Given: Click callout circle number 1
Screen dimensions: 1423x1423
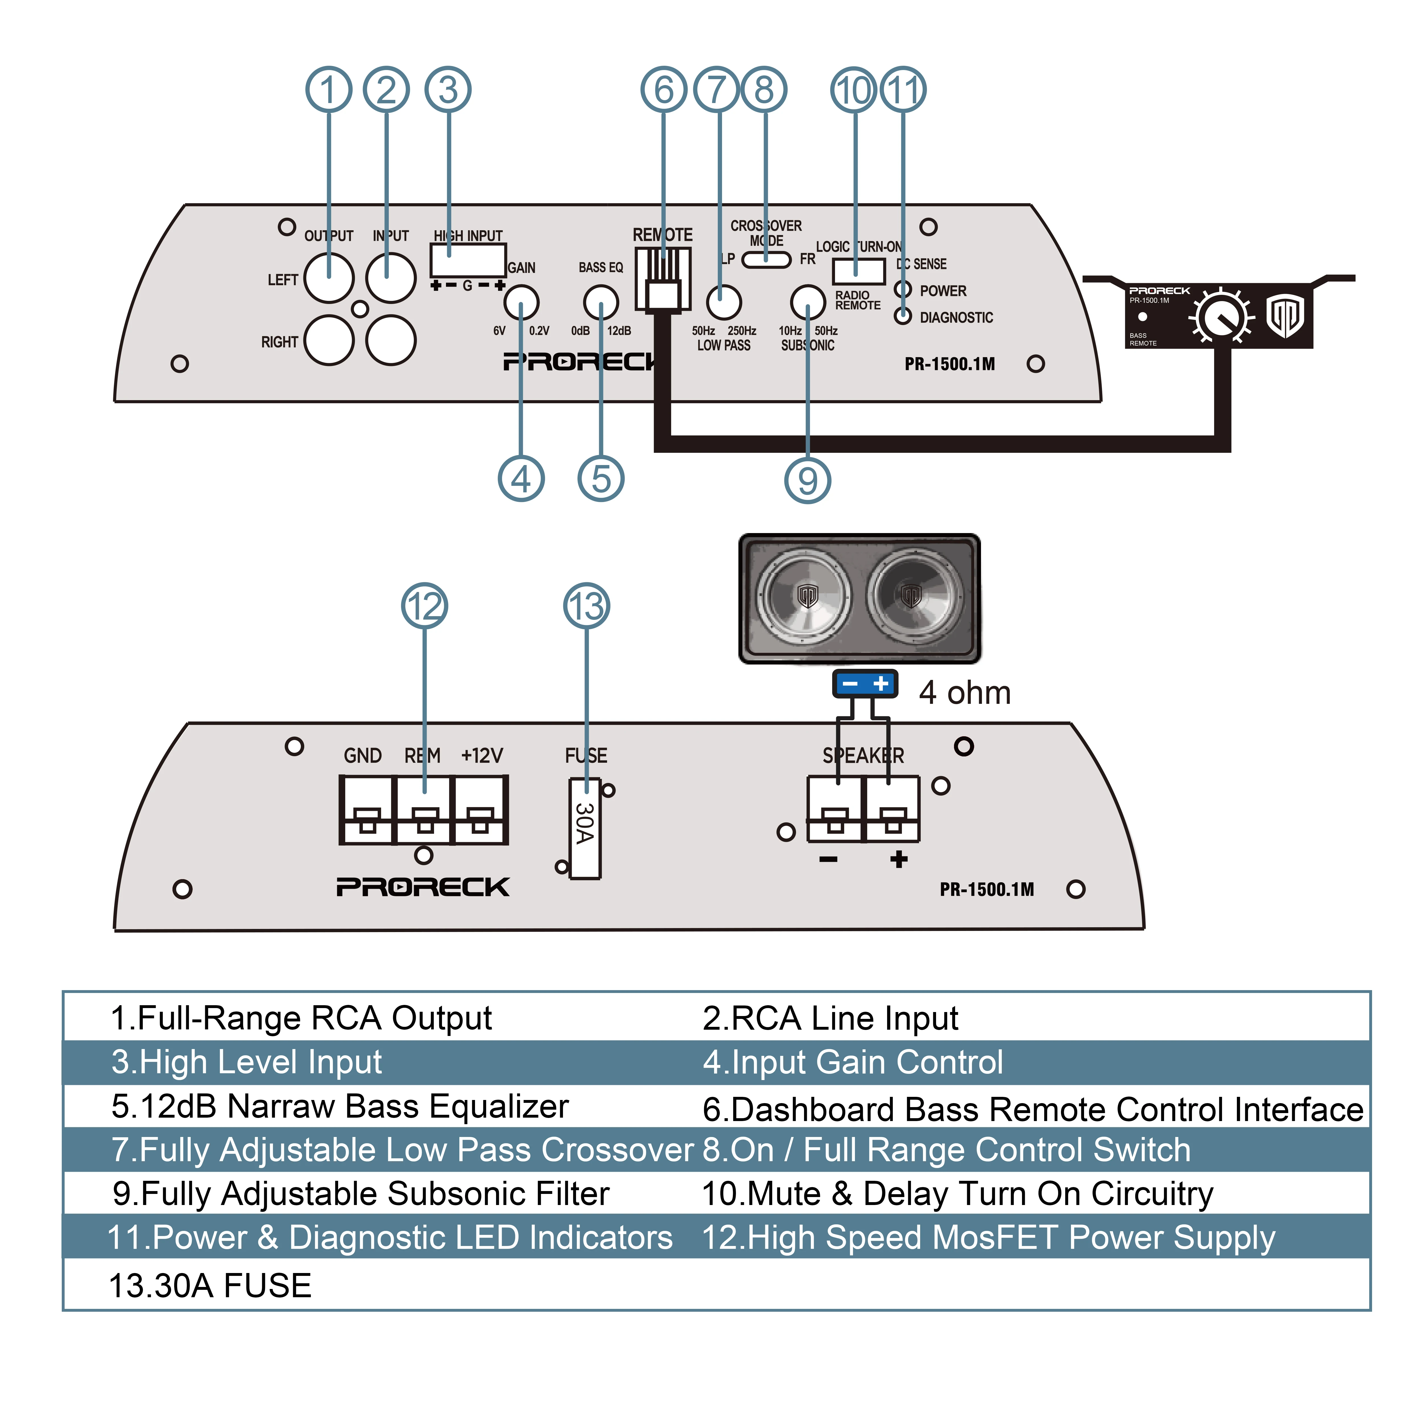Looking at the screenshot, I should pos(328,90).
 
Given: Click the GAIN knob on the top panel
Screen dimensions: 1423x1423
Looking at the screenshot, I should pos(521,302).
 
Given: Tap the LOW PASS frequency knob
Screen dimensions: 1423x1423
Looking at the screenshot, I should pos(723,302).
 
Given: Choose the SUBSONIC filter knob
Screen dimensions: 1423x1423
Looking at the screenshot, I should pos(808,302).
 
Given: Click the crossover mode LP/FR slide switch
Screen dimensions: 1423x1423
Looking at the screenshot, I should pos(766,259).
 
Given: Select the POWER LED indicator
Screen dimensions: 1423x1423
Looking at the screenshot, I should pos(903,289).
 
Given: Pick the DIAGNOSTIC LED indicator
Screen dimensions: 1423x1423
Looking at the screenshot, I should pos(903,316).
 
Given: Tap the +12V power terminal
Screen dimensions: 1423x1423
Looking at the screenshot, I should pos(480,810).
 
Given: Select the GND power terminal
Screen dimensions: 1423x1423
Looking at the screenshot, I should pos(367,810).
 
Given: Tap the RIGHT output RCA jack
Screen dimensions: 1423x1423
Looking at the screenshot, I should pos(328,340).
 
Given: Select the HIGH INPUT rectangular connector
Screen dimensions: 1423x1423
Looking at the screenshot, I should pos(468,260).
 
